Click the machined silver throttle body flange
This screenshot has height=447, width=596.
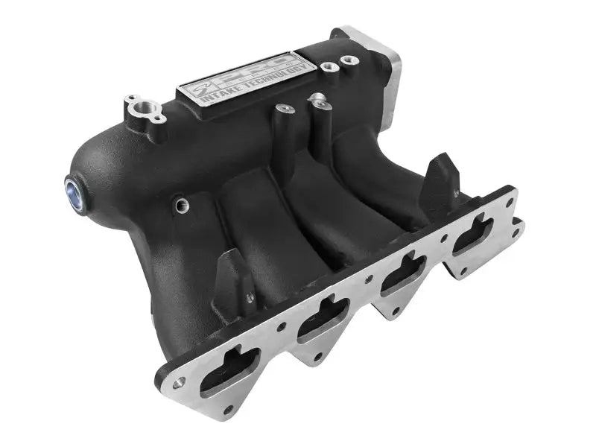pos(372,56)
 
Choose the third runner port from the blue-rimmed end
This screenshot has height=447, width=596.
pos(406,272)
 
